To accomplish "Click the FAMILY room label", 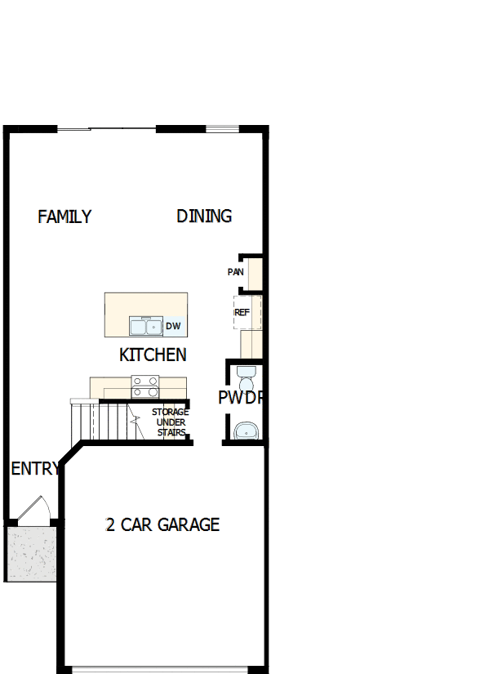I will [64, 216].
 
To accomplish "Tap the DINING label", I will [204, 216].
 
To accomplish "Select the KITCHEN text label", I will [153, 355].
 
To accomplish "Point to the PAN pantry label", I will [235, 271].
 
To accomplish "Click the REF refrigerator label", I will [242, 312].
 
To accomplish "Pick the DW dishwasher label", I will [173, 327].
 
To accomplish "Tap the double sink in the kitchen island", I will [146, 327].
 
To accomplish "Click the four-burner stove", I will [145, 382].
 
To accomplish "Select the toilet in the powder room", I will [246, 379].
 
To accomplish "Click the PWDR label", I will [240, 398].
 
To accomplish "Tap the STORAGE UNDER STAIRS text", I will [171, 422].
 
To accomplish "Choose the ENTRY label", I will [35, 469].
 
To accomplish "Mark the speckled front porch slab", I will [31, 553].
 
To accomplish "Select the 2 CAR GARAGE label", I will [162, 524].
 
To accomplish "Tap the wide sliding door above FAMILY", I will [106, 127].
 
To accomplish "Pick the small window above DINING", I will [222, 127].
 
